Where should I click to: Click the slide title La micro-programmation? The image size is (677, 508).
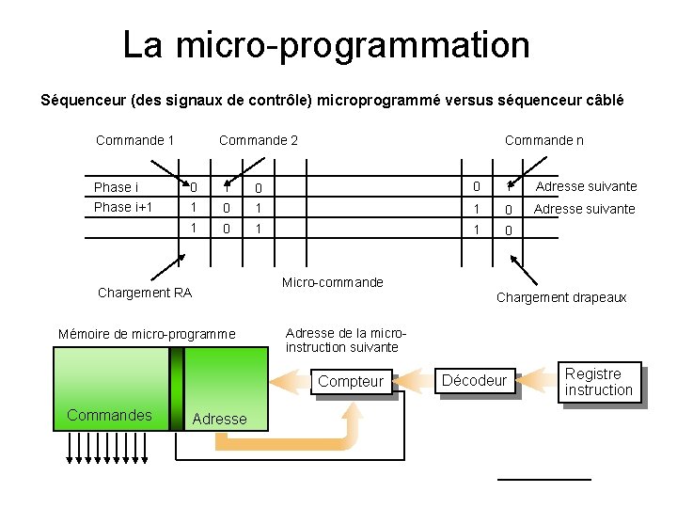click(326, 44)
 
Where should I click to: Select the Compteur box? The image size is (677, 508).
click(351, 381)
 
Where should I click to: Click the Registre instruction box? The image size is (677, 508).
click(599, 382)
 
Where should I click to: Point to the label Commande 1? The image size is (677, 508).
click(134, 140)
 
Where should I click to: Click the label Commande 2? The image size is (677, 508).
click(258, 140)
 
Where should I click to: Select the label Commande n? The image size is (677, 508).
click(543, 140)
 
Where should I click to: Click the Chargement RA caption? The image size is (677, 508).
click(145, 293)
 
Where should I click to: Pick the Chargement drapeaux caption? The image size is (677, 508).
click(560, 297)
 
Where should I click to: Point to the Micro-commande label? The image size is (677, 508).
click(333, 282)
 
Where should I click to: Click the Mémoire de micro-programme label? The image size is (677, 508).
click(147, 333)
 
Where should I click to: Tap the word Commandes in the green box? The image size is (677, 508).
click(109, 415)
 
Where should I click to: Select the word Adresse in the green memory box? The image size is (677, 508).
click(219, 419)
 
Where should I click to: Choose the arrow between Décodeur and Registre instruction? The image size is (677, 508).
click(536, 380)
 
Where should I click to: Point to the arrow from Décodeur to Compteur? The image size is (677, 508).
click(415, 380)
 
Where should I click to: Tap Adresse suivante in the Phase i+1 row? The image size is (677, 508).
click(584, 209)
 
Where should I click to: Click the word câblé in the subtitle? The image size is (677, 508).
click(602, 100)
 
